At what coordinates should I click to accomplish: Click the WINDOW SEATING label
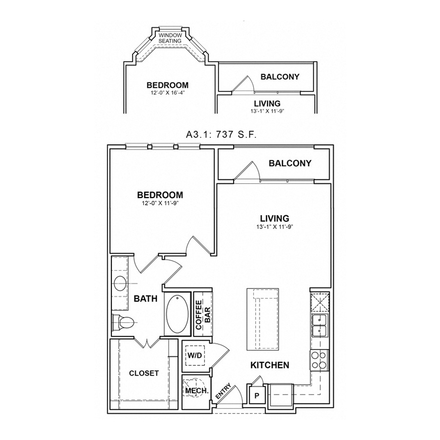click(x=170, y=38)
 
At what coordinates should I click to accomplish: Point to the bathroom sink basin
click(x=119, y=283)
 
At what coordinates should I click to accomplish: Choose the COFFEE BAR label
click(x=203, y=313)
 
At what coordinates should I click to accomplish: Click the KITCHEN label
click(x=270, y=365)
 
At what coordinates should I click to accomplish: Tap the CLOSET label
click(x=144, y=373)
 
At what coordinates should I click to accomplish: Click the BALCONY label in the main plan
click(x=290, y=163)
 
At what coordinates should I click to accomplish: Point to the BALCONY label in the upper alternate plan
click(x=280, y=77)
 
